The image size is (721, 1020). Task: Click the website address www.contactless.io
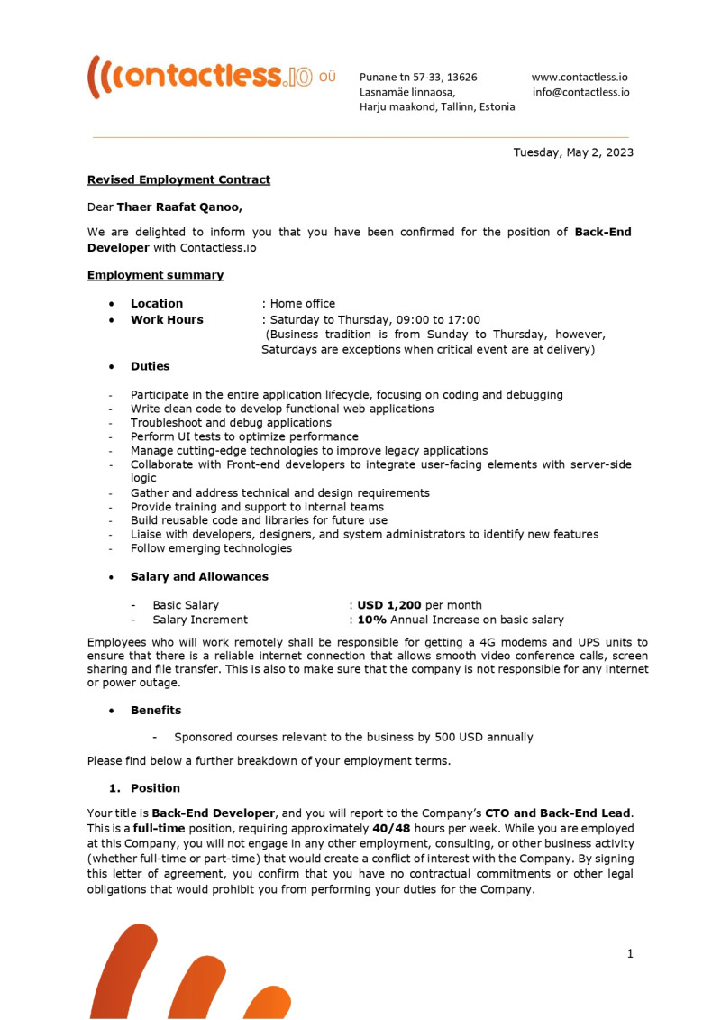[x=580, y=78]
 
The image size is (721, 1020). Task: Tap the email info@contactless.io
[x=580, y=92]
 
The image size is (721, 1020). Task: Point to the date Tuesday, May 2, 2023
[x=573, y=152]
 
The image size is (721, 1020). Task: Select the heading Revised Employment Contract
[x=178, y=179]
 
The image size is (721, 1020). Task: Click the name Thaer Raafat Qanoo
[x=178, y=207]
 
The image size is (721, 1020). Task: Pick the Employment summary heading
[x=155, y=275]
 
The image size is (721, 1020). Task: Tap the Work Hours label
[x=167, y=319]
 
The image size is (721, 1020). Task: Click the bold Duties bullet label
[x=150, y=366]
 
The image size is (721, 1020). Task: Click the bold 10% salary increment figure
[x=372, y=620]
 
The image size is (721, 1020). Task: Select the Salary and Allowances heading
[x=199, y=576]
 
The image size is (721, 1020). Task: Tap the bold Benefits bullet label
[x=156, y=710]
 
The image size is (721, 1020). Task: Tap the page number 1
[x=630, y=953]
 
